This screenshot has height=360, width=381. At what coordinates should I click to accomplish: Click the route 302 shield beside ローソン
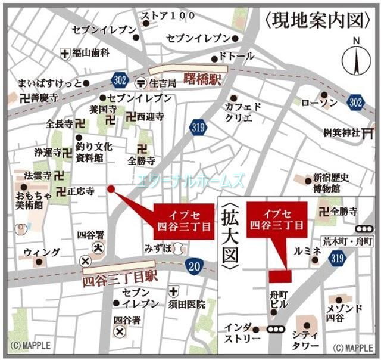[355, 102]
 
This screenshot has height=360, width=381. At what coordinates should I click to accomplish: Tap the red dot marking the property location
[111, 189]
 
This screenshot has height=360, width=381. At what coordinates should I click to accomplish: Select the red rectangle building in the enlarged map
[280, 276]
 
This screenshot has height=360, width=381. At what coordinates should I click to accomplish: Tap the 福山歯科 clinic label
[91, 53]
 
